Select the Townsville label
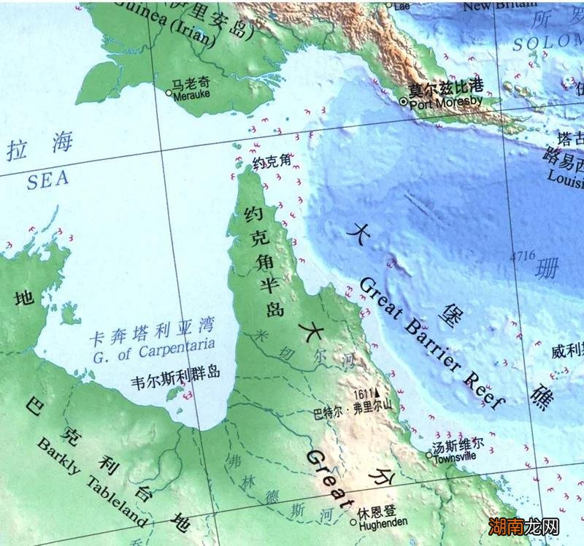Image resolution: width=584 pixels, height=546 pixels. tap(455, 456)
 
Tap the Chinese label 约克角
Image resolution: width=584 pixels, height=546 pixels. tap(272, 164)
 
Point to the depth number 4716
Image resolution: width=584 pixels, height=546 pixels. tap(523, 255)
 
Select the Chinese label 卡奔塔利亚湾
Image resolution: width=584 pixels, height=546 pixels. tap(150, 338)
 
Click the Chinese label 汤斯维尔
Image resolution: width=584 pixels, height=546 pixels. tap(458, 445)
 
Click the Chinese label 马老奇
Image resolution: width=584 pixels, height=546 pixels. tap(190, 83)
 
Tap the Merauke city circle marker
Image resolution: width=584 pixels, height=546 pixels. tap(169, 93)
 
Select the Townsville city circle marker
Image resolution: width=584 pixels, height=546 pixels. tap(429, 455)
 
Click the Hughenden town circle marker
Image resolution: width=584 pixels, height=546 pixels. tap(353, 523)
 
